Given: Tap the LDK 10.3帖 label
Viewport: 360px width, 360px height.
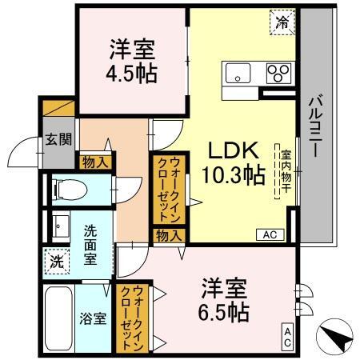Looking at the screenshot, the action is coord(234,163).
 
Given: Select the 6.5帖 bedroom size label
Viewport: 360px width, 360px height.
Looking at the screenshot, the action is coord(223,311).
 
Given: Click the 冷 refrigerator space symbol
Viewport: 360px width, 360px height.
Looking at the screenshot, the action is coord(282,22).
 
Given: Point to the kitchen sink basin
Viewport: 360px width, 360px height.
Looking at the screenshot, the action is coord(238,73).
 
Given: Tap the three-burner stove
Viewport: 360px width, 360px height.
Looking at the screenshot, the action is coord(279,73).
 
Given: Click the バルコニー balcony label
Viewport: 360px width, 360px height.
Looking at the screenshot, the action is coord(316,126).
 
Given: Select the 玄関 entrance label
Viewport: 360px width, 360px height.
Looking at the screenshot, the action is coord(58,139).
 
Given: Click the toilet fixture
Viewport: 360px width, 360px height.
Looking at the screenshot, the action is coord(70,190).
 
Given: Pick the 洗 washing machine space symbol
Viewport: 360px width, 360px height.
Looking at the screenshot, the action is coord(57,262).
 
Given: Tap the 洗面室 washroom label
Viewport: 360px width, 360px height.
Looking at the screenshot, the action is coord(90,245).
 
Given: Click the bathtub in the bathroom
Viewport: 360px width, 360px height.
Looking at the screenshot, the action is coord(58,318).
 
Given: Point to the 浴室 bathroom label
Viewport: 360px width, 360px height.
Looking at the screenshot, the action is coord(93,318).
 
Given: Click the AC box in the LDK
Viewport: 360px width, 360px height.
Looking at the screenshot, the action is coord(270,235).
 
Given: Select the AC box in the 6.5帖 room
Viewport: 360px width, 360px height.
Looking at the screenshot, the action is coord(287,337).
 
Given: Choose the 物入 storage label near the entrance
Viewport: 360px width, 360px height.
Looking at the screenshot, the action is coord(95,162).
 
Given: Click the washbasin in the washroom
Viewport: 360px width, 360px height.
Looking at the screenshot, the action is coord(61,226).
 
